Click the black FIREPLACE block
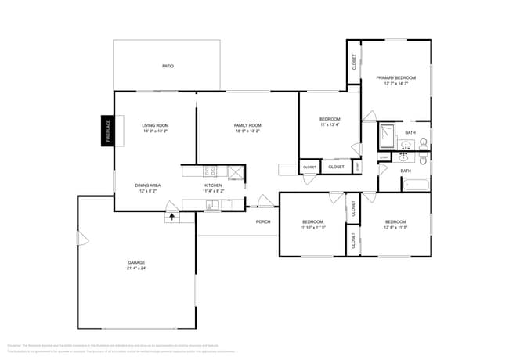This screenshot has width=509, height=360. coord(108,131)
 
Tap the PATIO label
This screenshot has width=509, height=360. coord(168,66)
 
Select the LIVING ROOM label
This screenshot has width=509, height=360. coord(155,125)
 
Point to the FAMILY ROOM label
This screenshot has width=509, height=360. coord(247,125)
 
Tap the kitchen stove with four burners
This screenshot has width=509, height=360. coord(210,171)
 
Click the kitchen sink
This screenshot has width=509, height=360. coord(212,205)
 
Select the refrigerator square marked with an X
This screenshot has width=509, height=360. coord(235,171)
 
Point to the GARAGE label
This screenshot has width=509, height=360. coord(136,262)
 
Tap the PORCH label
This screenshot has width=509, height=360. coord(263,221)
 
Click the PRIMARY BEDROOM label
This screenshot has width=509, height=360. coord(395,78)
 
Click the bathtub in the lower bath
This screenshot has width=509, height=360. coord(414,185)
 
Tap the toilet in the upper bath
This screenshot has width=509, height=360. coord(423,142)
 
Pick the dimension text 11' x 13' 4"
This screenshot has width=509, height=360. coord(330,125)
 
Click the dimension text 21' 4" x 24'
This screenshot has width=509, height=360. coord(136,268)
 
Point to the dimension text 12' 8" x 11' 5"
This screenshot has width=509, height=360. coord(395,228)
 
